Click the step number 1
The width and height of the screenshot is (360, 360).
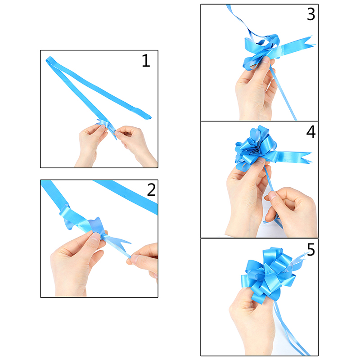point(146,61)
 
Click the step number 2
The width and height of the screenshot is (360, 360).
point(151,189)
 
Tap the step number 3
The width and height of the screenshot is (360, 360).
point(311,14)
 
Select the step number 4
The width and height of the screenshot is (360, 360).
point(311,132)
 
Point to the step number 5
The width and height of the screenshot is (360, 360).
point(311,250)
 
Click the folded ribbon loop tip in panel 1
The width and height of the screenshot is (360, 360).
point(49,59)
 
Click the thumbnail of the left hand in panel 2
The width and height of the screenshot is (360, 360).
point(95,237)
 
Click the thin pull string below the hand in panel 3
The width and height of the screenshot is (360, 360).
point(283,94)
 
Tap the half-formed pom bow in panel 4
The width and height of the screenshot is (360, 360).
point(255,147)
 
